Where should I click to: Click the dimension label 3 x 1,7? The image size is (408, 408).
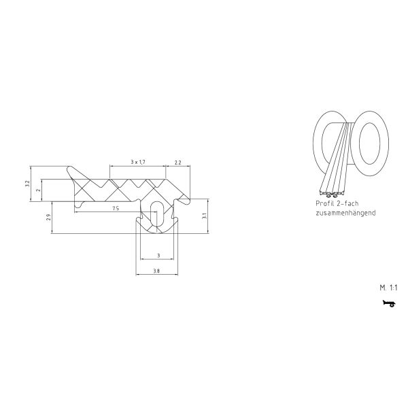click(x=138, y=162)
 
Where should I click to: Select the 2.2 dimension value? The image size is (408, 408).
click(x=178, y=163)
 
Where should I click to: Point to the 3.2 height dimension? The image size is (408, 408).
click(x=27, y=184)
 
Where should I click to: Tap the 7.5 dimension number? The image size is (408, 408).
click(x=116, y=209)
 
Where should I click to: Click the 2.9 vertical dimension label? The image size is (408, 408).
click(x=48, y=218)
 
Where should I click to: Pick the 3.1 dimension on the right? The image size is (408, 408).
click(x=205, y=216)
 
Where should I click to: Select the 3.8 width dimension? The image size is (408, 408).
click(x=156, y=271)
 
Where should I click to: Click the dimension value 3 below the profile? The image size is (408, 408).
click(x=158, y=256)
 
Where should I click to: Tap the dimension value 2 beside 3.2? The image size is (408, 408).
click(x=39, y=190)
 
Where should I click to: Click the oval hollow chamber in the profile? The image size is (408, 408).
click(x=156, y=213)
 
